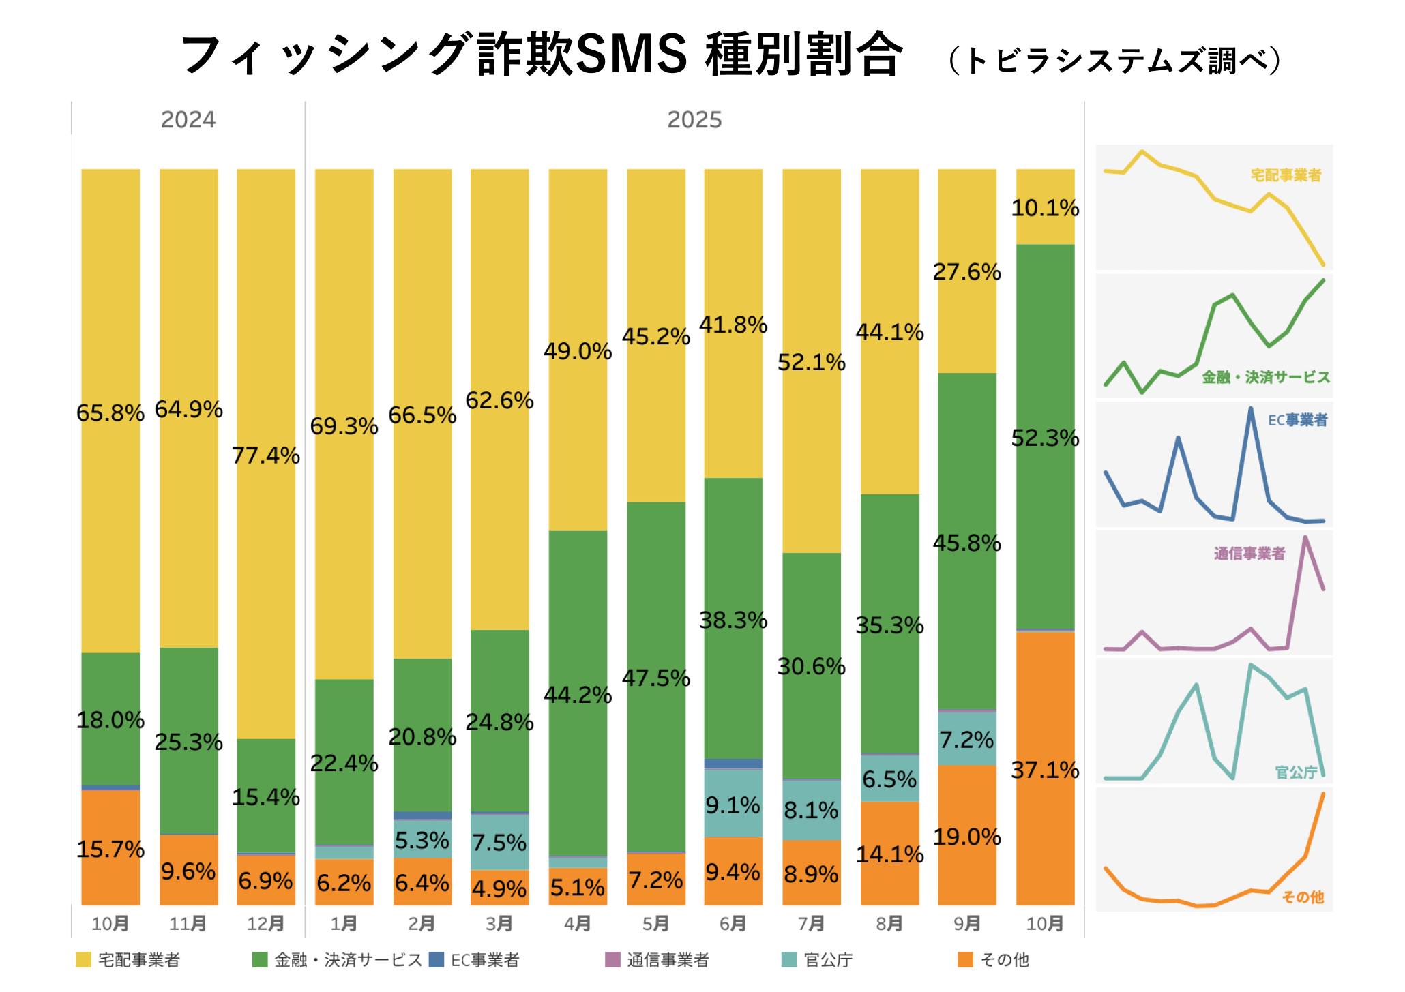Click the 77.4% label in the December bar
tap(266, 455)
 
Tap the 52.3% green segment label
tap(1045, 438)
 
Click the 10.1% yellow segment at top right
tap(1045, 207)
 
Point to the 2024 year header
tap(188, 120)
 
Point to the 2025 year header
tap(694, 120)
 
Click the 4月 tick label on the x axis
tap(578, 924)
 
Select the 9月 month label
tap(967, 924)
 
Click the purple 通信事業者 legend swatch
tap(612, 960)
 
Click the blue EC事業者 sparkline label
tap(1297, 420)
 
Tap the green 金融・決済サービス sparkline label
tap(1266, 377)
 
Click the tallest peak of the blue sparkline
tap(1250, 409)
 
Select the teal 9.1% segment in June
tap(733, 805)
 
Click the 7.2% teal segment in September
tap(967, 740)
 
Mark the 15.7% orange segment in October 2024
tap(110, 850)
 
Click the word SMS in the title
tap(631, 55)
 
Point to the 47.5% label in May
tap(656, 678)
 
